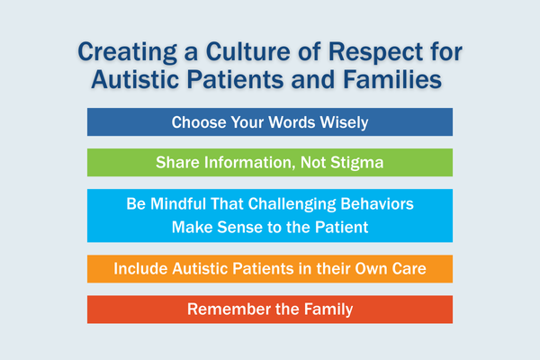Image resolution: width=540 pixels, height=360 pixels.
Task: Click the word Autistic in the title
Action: click(135, 79)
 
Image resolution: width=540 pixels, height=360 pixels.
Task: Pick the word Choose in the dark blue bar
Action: click(199, 122)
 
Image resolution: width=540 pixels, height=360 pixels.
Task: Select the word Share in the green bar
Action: click(177, 163)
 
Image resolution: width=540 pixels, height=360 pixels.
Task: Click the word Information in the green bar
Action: click(250, 163)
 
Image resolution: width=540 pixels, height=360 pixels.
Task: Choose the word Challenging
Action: click(292, 204)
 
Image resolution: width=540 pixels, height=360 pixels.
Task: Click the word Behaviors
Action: click(377, 204)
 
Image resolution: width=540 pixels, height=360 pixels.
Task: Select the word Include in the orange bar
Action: click(140, 269)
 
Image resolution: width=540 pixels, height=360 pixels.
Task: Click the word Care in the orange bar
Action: click(409, 269)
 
